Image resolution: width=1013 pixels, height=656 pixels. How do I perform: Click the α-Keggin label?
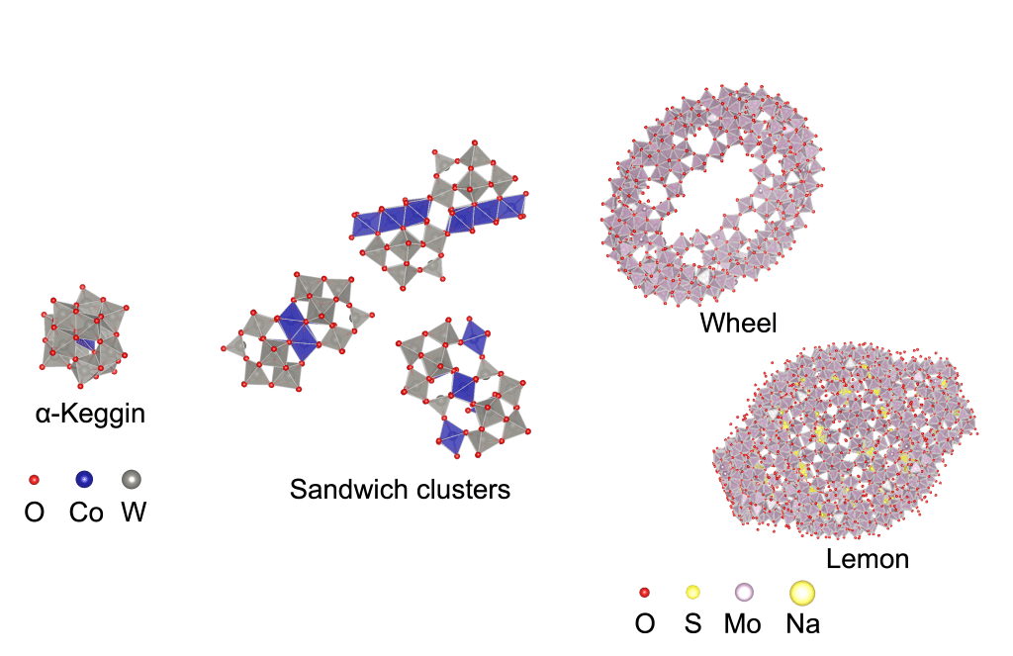pyautogui.click(x=90, y=414)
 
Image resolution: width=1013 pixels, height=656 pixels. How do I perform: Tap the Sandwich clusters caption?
pyautogui.click(x=400, y=489)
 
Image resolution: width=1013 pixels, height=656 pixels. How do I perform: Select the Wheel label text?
pyautogui.click(x=738, y=323)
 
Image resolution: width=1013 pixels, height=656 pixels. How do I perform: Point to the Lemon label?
pyautogui.click(x=867, y=559)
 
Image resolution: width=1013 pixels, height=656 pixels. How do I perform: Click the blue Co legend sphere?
pyautogui.click(x=85, y=480)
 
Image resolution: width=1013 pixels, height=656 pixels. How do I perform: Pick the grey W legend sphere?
pyautogui.click(x=131, y=480)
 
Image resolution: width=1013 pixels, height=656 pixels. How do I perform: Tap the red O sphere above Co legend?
pyautogui.click(x=35, y=480)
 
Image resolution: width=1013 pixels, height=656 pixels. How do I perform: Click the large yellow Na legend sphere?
pyautogui.click(x=801, y=593)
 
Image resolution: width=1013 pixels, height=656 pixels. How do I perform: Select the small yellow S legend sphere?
pyautogui.click(x=692, y=593)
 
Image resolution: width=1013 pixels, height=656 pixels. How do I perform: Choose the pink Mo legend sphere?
pyautogui.click(x=743, y=593)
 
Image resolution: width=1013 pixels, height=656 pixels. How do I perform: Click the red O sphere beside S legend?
pyautogui.click(x=644, y=593)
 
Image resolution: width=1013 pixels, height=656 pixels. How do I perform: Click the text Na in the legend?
pyautogui.click(x=802, y=624)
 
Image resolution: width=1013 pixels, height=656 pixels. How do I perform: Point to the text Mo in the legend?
pyautogui.click(x=743, y=624)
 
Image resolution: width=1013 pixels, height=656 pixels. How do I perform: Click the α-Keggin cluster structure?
pyautogui.click(x=83, y=334)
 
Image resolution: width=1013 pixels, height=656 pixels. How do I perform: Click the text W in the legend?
pyautogui.click(x=133, y=514)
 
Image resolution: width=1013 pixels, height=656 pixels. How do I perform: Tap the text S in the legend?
pyautogui.click(x=692, y=624)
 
